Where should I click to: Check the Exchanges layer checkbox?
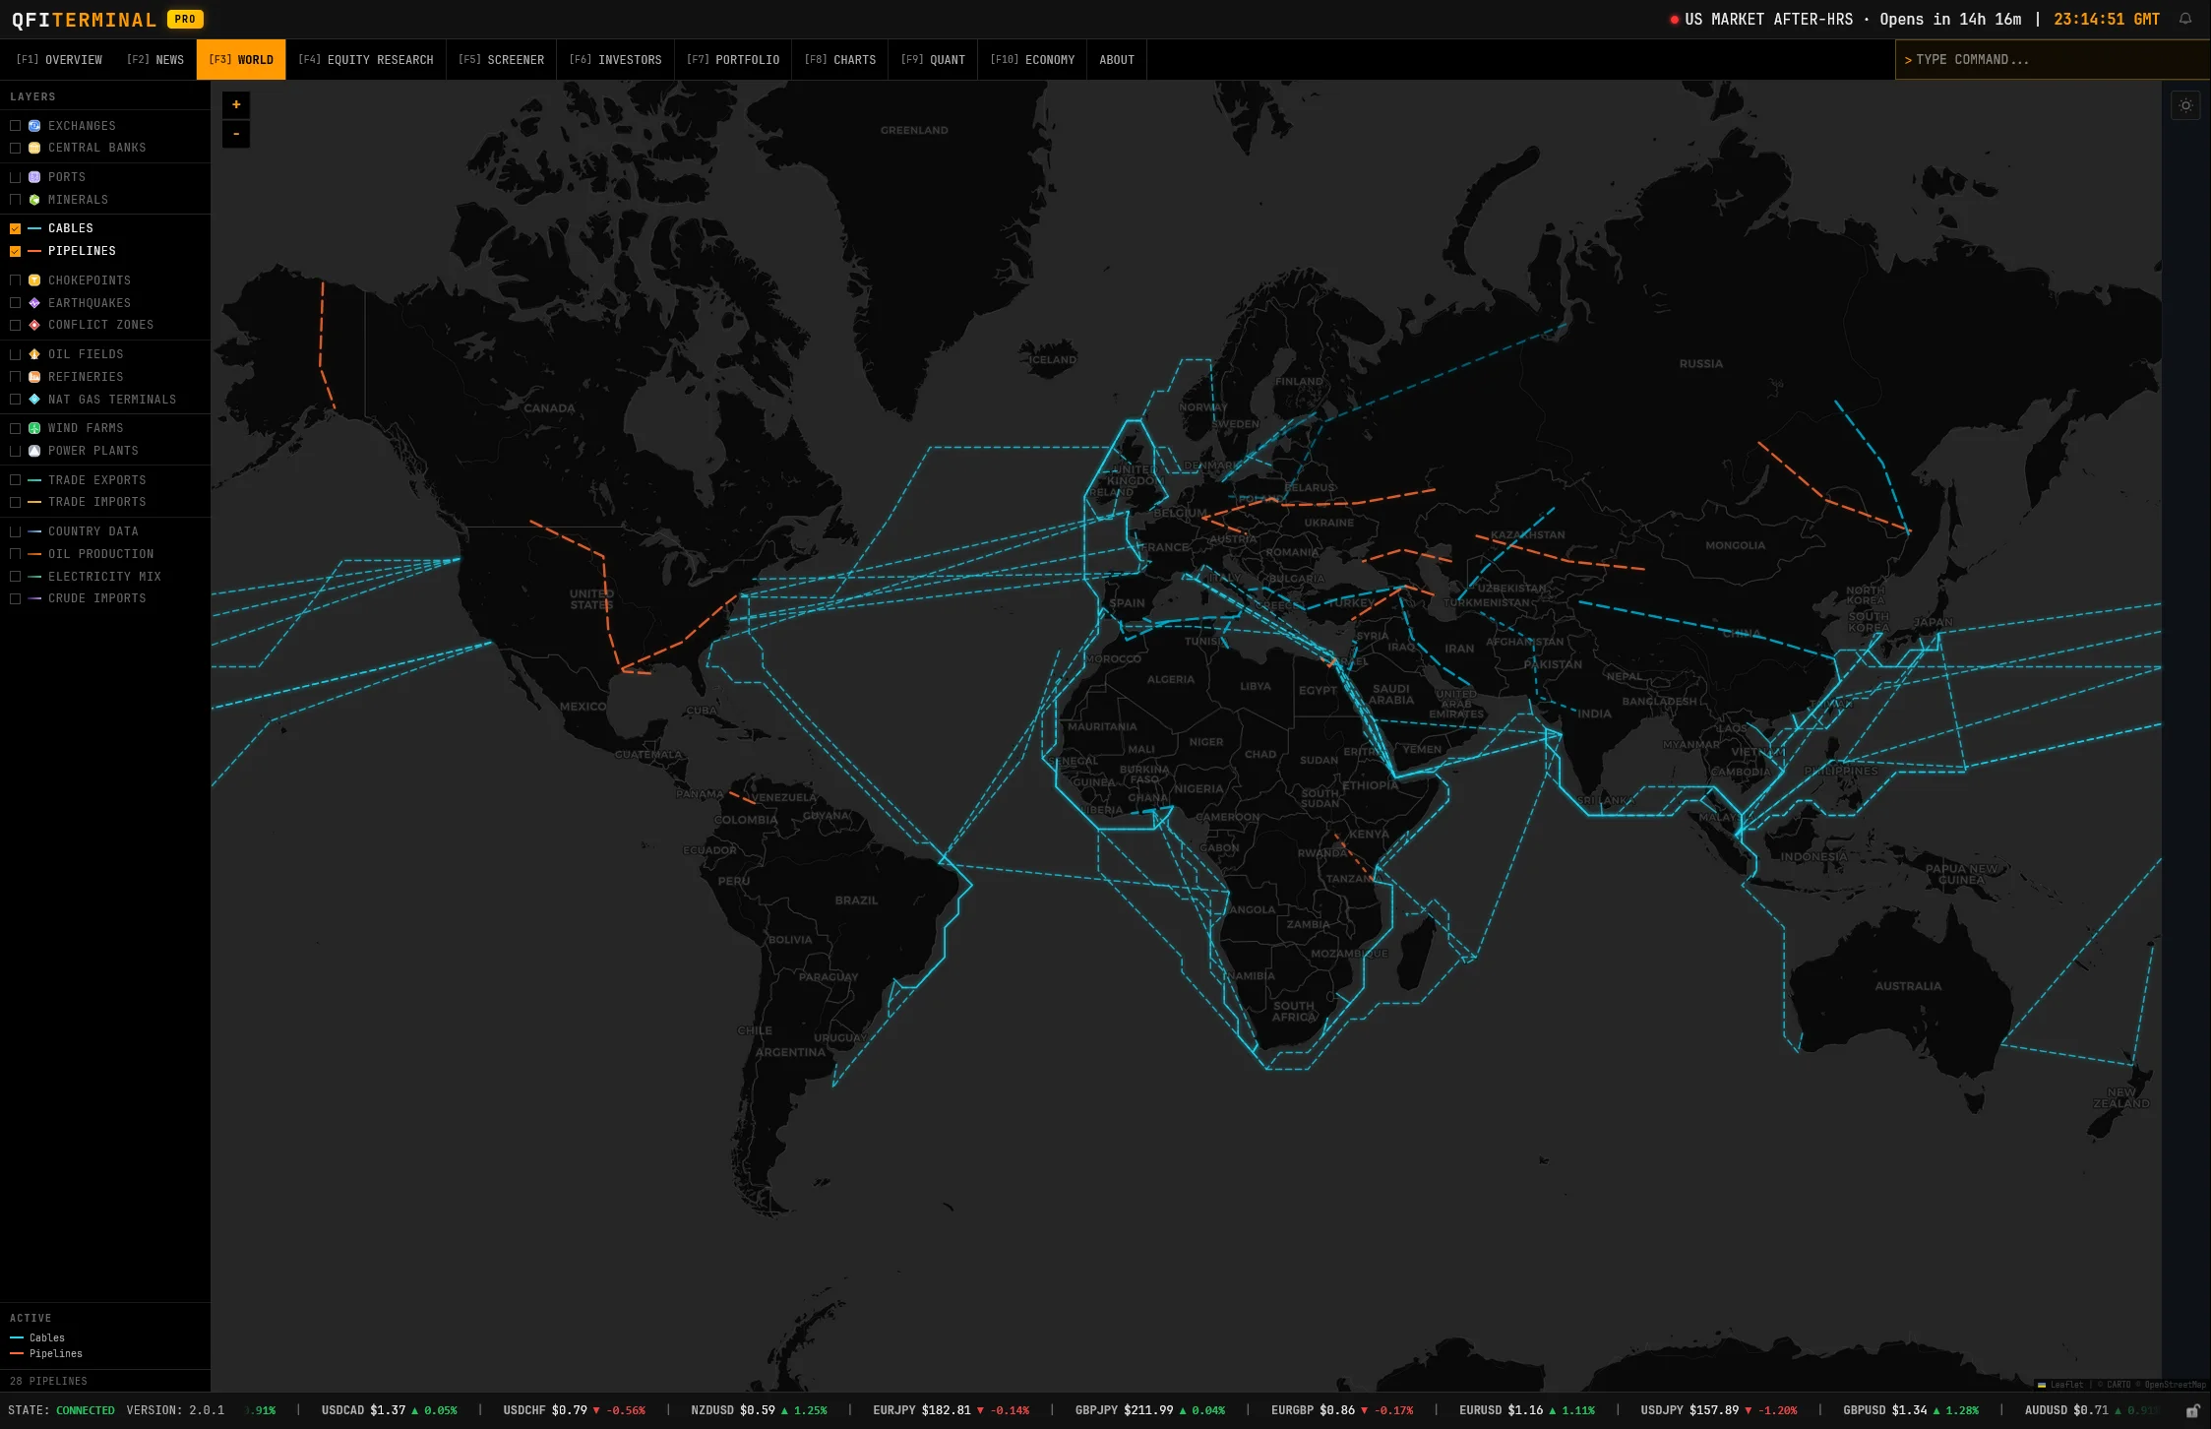click(15, 126)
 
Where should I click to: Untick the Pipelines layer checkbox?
click(15, 251)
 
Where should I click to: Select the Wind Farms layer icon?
click(34, 428)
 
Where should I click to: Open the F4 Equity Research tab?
click(365, 60)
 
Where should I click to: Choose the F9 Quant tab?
click(932, 60)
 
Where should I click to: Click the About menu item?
click(1116, 60)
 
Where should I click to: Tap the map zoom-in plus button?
click(236, 105)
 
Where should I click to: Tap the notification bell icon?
click(2184, 19)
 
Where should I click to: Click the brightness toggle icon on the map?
click(2185, 105)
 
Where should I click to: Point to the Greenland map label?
click(914, 130)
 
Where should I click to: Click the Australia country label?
click(1908, 986)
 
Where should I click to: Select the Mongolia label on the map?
click(1735, 545)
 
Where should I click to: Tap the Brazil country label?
click(856, 901)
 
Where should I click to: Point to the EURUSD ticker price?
click(1525, 1410)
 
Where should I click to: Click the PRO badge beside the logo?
click(185, 19)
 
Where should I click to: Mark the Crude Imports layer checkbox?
click(15, 598)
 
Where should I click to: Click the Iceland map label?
click(1052, 360)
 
